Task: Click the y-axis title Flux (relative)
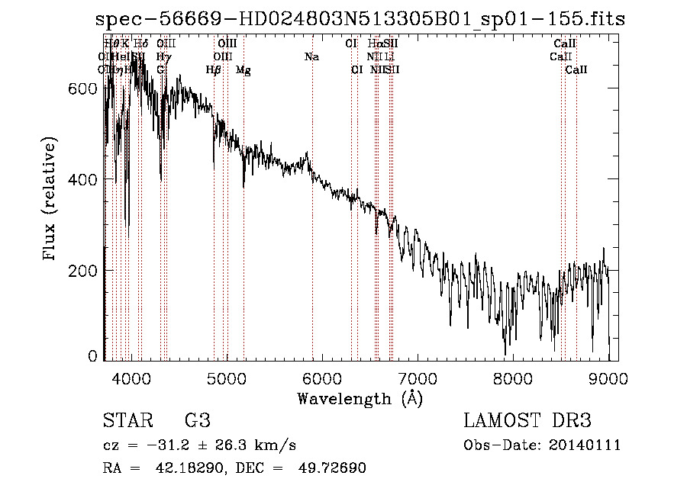tap(50, 200)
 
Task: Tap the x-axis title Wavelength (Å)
tap(360, 398)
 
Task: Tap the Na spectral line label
tap(311, 57)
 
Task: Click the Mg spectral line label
tap(243, 70)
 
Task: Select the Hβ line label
tap(214, 70)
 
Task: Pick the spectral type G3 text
tap(197, 421)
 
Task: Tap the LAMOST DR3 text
tap(527, 421)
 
